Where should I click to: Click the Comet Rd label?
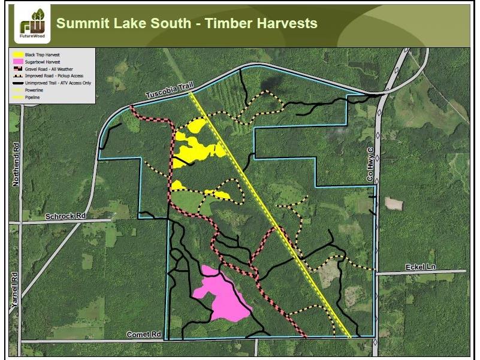tap(144, 334)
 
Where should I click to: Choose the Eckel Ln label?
tap(418, 267)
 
